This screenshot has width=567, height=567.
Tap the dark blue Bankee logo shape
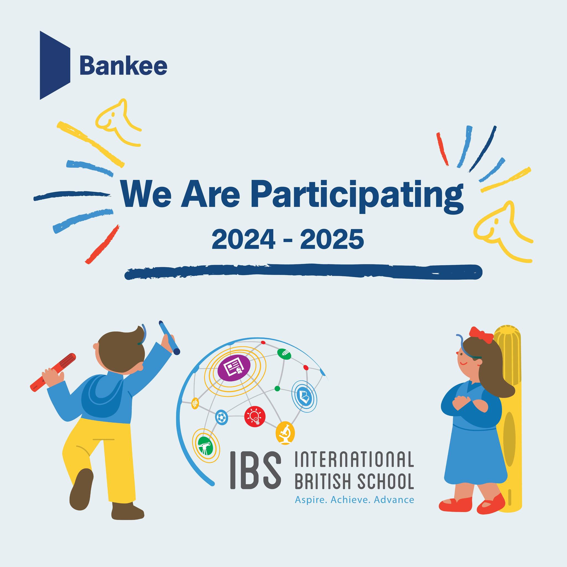click(x=55, y=65)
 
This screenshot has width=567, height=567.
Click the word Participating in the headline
click(x=357, y=195)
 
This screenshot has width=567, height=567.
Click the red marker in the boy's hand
click(x=53, y=372)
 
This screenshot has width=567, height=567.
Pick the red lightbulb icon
click(x=255, y=416)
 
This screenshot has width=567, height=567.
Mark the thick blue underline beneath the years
click(x=303, y=272)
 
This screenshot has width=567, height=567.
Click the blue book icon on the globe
click(x=304, y=395)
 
